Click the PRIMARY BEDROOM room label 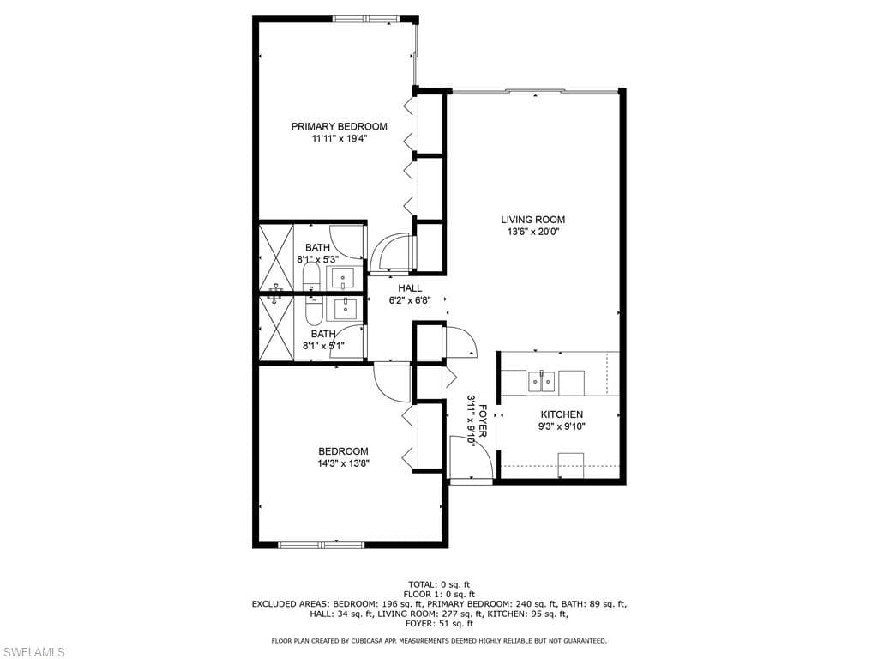[339, 127]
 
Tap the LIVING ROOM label [532, 220]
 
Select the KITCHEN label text [562, 414]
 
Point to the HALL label [410, 288]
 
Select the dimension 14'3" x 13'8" [343, 463]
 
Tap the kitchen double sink [541, 382]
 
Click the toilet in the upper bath [310, 276]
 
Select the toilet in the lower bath [313, 311]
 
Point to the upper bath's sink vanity [343, 278]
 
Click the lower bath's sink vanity [345, 309]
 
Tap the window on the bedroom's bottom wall [322, 545]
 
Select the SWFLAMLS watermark [33, 652]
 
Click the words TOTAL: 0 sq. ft [438, 585]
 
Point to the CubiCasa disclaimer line [439, 640]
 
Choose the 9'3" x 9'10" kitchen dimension [562, 426]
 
